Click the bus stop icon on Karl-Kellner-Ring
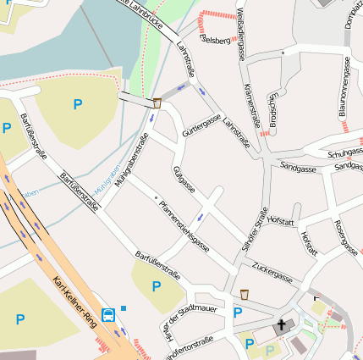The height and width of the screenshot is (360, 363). tap(109, 315)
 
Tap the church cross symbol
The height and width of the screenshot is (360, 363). tap(281, 325)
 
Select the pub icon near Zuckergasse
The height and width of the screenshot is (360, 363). tap(245, 294)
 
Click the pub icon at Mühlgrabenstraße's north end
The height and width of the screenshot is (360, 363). tap(157, 103)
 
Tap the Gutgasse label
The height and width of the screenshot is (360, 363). tap(184, 179)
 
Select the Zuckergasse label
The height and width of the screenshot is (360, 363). tap(272, 271)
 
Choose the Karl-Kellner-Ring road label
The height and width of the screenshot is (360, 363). tap(72, 302)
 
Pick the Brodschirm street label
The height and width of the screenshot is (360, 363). tap(273, 110)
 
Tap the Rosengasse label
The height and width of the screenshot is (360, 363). tap(344, 238)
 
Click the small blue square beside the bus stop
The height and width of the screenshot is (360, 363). tap(124, 307)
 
